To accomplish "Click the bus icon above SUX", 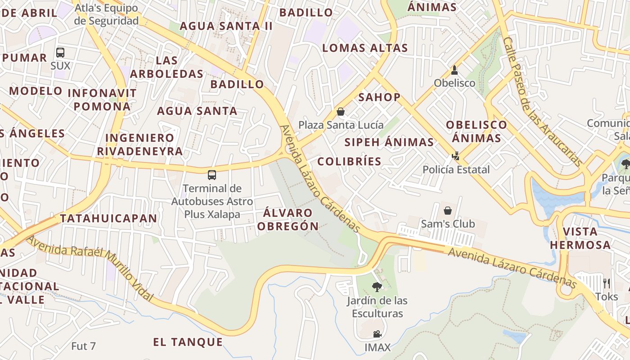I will click(x=60, y=53).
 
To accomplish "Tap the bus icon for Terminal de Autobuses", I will click(x=212, y=175).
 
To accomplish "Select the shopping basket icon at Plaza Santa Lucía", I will click(x=341, y=111).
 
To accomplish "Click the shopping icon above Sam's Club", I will click(x=448, y=210).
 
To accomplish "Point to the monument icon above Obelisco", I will click(x=454, y=70).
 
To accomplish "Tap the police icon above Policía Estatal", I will click(x=456, y=156).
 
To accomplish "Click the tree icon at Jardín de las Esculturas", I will click(x=377, y=287).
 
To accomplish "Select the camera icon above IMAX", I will click(x=377, y=334).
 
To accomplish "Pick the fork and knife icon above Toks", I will click(x=607, y=283).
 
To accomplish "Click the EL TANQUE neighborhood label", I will click(x=188, y=342).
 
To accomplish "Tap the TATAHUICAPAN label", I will click(x=108, y=219).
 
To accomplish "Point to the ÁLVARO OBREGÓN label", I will click(x=288, y=219).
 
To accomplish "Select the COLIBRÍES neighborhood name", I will click(x=349, y=161).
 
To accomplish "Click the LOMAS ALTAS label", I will click(x=365, y=48).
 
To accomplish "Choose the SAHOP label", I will click(x=379, y=97).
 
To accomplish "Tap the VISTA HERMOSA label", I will click(x=580, y=238).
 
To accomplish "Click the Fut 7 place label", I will click(x=84, y=346).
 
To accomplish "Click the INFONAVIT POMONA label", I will click(x=102, y=100).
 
